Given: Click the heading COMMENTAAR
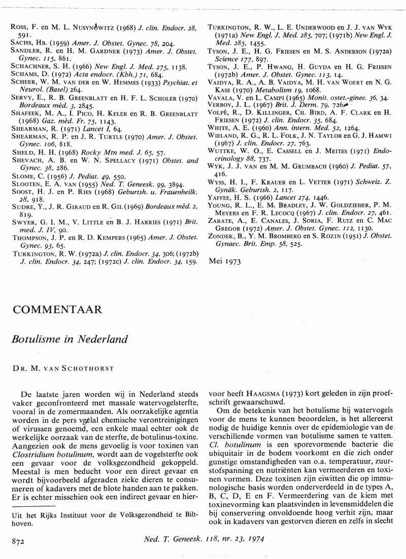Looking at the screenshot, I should [x=57, y=309].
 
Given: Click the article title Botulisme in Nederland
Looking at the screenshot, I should [x=70, y=339].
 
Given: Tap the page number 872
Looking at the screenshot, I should [x=19, y=541].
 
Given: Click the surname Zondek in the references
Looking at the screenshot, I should [x=223, y=236].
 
